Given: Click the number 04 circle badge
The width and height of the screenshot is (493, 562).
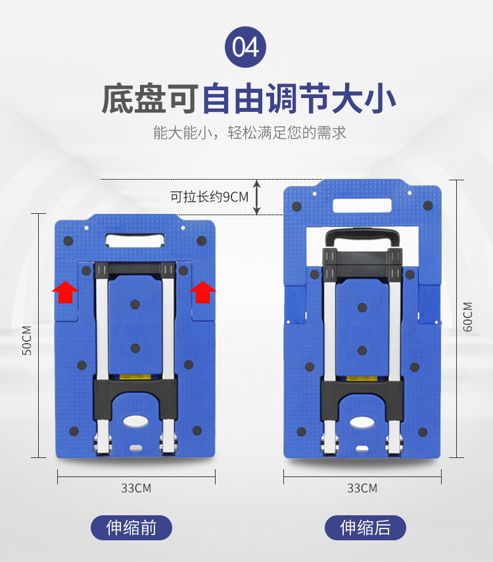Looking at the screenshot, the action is click(246, 47).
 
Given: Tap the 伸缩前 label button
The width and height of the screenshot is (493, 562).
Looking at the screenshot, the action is click(131, 528).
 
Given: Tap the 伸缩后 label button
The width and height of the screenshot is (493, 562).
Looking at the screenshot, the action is click(365, 528).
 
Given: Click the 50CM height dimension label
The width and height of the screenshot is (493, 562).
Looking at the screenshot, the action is click(27, 340).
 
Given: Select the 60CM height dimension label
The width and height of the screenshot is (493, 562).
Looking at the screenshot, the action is click(467, 317).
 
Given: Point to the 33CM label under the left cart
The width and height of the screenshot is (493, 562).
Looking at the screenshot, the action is click(135, 488).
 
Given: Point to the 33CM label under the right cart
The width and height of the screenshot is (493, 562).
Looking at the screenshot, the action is click(362, 488).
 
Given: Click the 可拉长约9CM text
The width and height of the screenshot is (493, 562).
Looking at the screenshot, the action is click(209, 197).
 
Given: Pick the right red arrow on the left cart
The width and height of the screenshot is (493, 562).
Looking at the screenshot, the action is click(203, 292).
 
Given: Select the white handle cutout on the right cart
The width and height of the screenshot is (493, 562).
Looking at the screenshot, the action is click(362, 205).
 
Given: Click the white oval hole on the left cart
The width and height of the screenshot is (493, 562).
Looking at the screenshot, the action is click(135, 422).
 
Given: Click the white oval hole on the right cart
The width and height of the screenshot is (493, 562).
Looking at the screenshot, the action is click(362, 422).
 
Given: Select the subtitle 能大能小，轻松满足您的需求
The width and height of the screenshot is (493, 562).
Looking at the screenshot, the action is click(249, 132).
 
